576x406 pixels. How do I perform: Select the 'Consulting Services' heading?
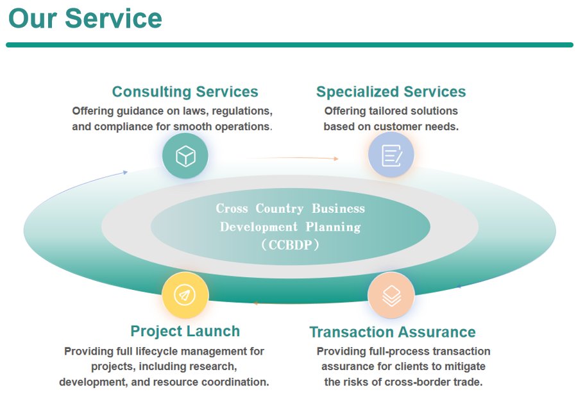[185, 92]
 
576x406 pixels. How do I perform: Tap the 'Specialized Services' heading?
[391, 92]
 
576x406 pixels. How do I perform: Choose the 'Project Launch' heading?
[185, 331]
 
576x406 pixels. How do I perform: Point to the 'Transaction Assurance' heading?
[392, 332]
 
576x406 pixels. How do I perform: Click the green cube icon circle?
[185, 155]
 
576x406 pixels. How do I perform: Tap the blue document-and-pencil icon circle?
[391, 155]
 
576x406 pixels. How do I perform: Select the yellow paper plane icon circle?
[185, 295]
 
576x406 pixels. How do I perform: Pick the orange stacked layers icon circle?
[391, 295]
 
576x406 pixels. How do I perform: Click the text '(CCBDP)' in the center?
[290, 244]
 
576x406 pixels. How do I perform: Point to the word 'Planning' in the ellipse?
[333, 226]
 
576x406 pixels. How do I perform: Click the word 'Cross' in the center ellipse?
[232, 208]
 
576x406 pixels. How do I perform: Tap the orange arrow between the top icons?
[292, 157]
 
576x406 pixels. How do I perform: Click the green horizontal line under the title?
[289, 45]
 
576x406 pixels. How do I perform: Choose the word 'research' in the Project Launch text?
[212, 367]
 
